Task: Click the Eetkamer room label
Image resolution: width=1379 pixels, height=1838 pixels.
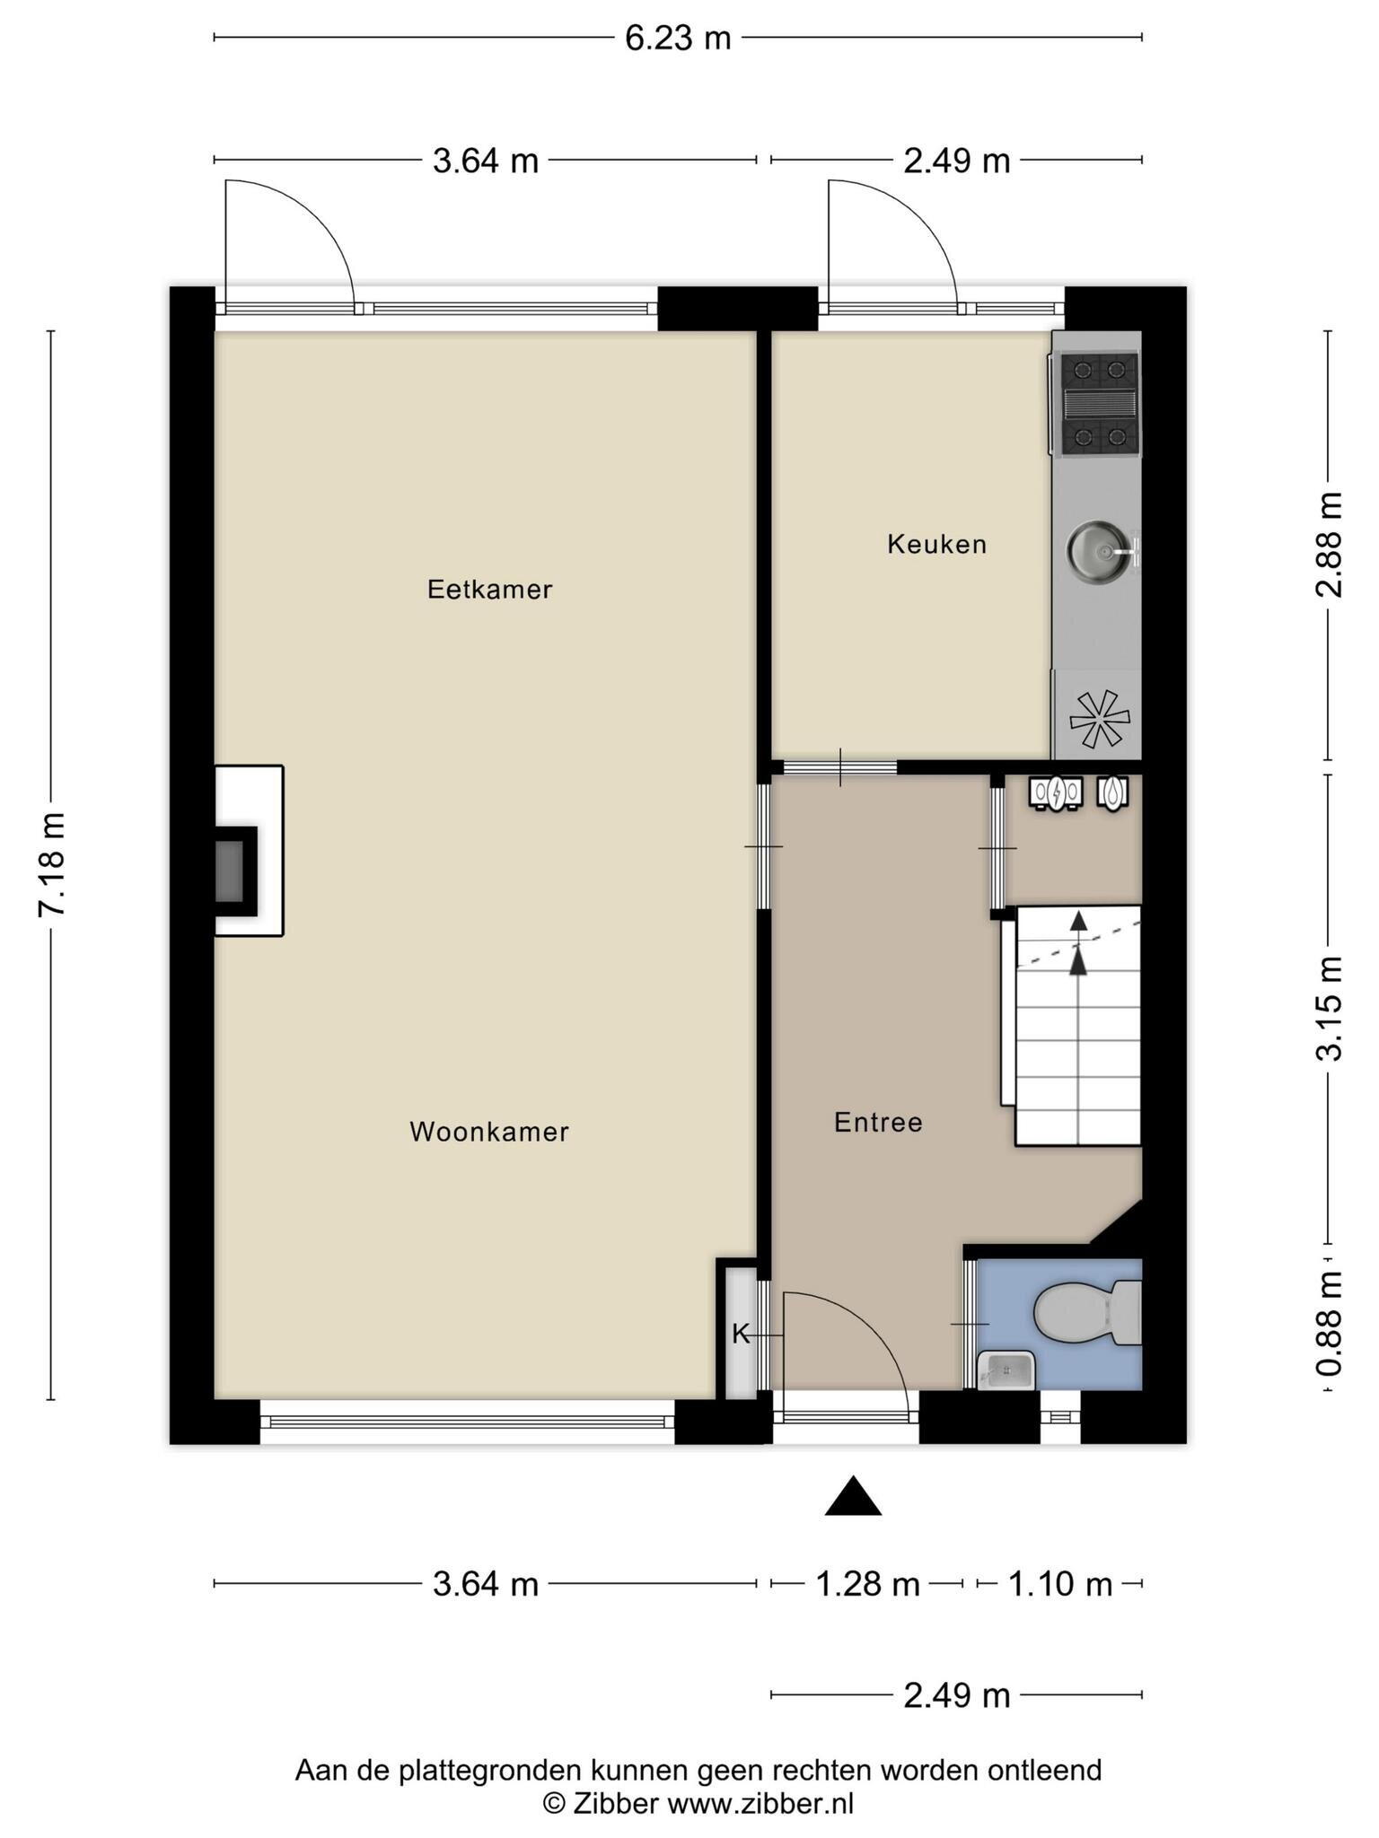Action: click(489, 590)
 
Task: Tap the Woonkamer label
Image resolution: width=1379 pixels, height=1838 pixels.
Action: click(489, 1132)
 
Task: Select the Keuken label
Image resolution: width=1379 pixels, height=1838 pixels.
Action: click(937, 544)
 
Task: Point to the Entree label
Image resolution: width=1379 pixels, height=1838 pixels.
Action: click(878, 1122)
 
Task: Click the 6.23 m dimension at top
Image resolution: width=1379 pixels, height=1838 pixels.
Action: click(678, 39)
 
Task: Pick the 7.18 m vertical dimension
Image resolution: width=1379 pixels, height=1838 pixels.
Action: click(52, 864)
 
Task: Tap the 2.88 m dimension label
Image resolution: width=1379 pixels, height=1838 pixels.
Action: click(1330, 545)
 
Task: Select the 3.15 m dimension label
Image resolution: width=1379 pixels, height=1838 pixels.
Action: click(1330, 1008)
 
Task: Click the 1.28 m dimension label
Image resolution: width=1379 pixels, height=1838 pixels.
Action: click(867, 1584)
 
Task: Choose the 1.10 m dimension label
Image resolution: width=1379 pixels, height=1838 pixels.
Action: click(1060, 1584)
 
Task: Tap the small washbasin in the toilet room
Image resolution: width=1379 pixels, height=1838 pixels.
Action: click(1006, 1370)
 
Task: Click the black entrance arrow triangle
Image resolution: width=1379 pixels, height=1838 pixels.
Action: click(853, 1496)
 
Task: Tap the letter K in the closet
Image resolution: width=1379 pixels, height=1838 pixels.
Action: click(741, 1335)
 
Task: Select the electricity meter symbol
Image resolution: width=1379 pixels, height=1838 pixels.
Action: click(1057, 793)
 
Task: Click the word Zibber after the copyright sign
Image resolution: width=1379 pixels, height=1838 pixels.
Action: click(616, 1803)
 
